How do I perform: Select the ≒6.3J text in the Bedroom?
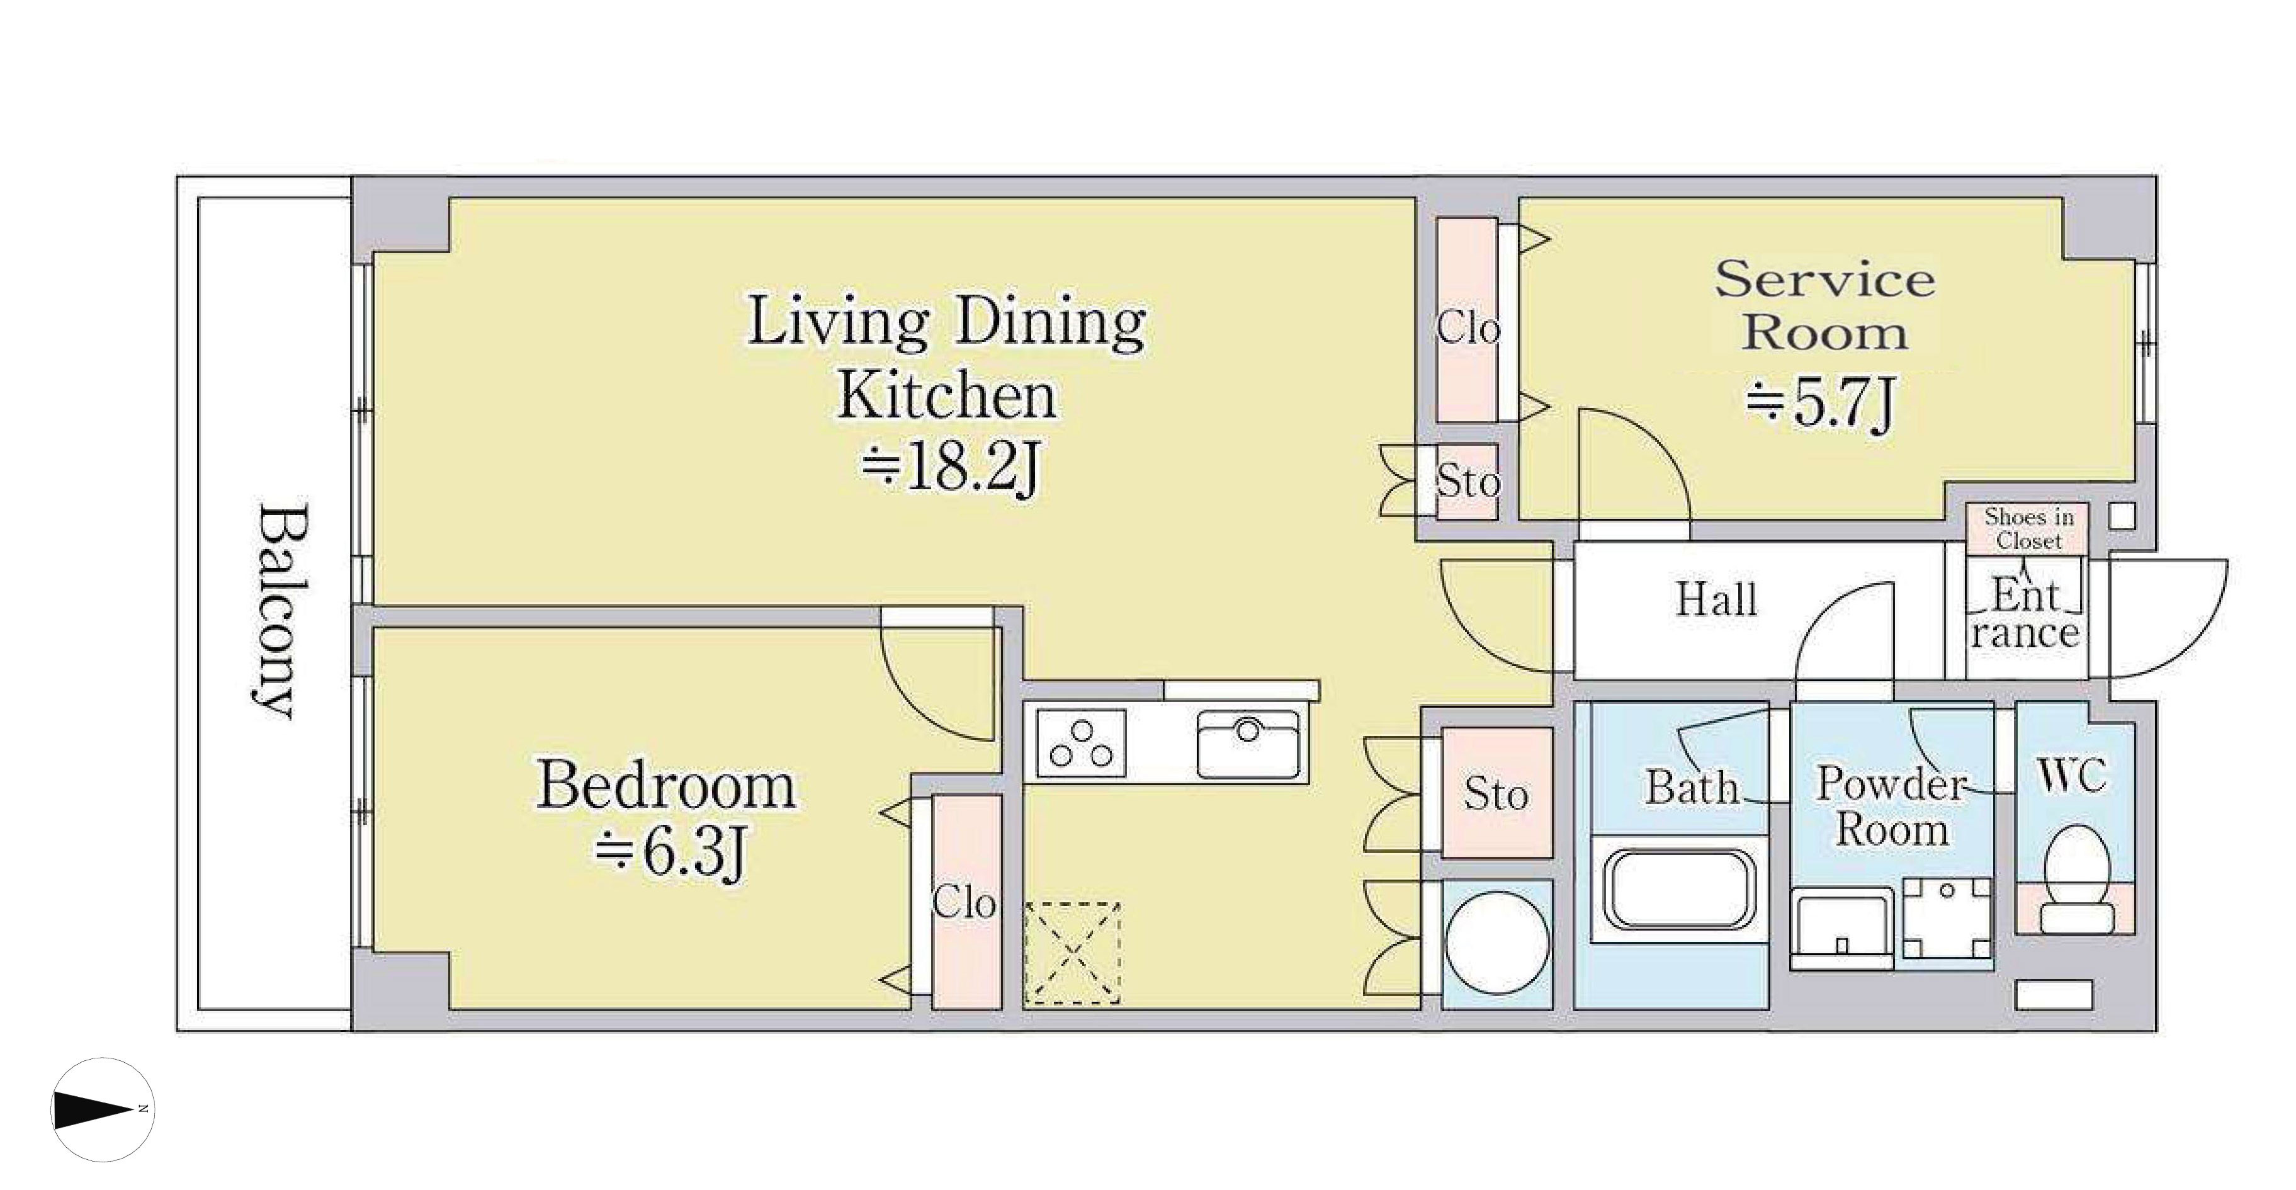coord(669,854)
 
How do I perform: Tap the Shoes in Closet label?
coord(2028,530)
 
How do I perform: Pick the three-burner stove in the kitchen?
coord(1081,744)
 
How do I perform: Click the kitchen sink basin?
coord(1248,744)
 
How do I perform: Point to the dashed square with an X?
coord(1072,954)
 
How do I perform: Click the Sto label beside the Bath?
coord(1496,793)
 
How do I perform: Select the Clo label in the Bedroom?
coord(963,903)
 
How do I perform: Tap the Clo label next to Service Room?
coord(1467,328)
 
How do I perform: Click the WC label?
coord(2073,776)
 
